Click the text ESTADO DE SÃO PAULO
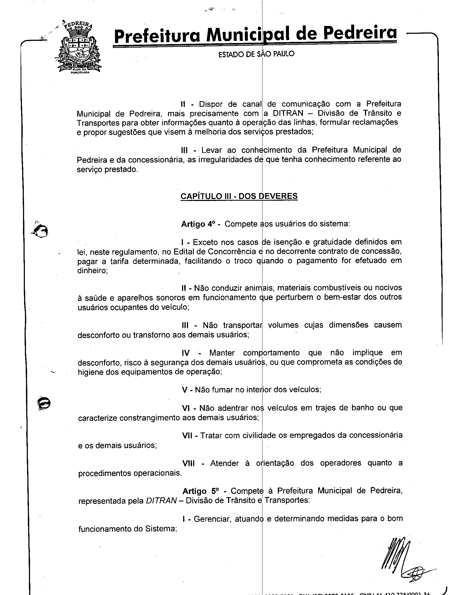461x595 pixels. [x=256, y=54]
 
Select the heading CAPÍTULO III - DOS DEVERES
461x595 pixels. [x=239, y=196]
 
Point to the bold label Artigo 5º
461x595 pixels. [x=200, y=491]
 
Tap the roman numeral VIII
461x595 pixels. [x=188, y=463]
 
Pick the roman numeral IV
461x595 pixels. [x=186, y=353]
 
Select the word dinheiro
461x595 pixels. [x=92, y=271]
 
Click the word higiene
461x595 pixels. [x=90, y=372]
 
